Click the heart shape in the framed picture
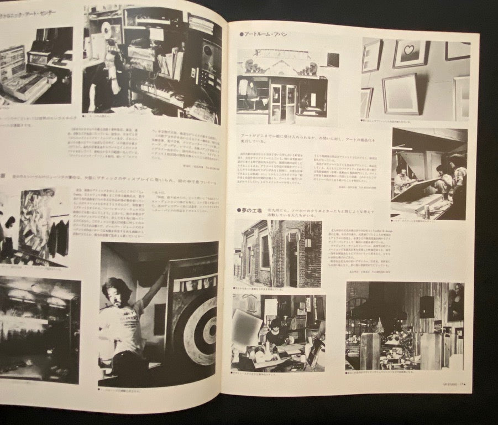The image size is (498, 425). (x=410, y=51)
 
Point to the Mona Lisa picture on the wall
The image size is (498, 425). (x=455, y=302)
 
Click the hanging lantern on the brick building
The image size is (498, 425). (x=308, y=242)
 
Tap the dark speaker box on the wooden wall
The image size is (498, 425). (x=426, y=307)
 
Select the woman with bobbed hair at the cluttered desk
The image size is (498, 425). (x=275, y=330)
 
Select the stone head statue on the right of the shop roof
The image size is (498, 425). (x=312, y=69)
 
